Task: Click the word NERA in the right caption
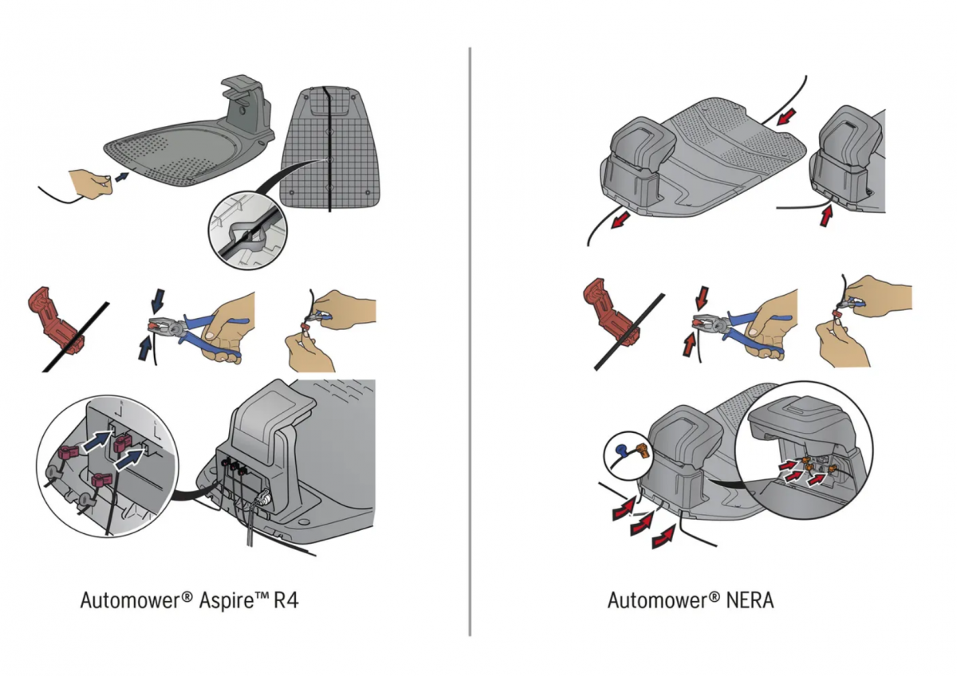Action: tap(750, 600)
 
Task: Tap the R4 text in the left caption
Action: tap(286, 600)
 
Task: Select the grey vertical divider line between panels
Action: tap(470, 343)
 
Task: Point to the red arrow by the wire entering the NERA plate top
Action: tap(787, 117)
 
